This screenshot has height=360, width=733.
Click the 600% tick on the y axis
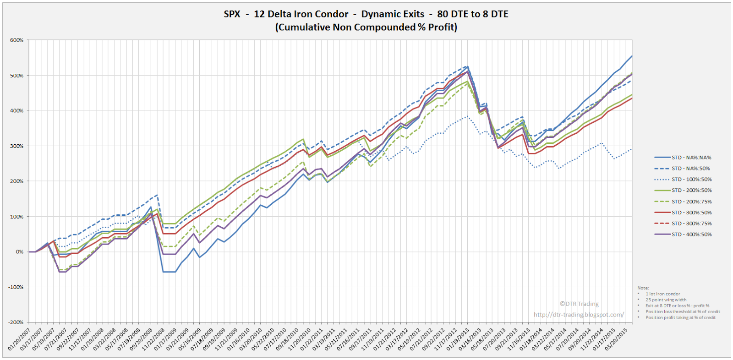(16, 40)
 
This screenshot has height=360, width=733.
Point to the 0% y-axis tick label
(19, 252)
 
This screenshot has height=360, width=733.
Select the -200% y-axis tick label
(16, 322)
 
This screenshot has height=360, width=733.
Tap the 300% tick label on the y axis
(16, 146)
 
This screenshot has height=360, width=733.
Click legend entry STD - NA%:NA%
(691, 158)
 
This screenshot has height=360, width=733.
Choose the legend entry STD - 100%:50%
(691, 180)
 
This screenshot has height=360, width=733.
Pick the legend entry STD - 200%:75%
(691, 202)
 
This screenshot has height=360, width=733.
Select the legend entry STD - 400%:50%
(691, 235)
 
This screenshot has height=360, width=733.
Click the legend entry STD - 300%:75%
(691, 224)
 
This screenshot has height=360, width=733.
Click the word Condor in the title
(333, 14)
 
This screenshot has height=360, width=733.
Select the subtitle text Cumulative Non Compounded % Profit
(366, 27)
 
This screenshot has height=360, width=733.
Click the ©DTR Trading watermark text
(579, 304)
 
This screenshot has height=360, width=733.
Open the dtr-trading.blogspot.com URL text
(579, 315)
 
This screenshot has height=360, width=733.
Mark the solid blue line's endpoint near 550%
(632, 56)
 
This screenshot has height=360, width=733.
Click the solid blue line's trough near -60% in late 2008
(169, 272)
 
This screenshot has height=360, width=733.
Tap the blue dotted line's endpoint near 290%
(632, 148)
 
